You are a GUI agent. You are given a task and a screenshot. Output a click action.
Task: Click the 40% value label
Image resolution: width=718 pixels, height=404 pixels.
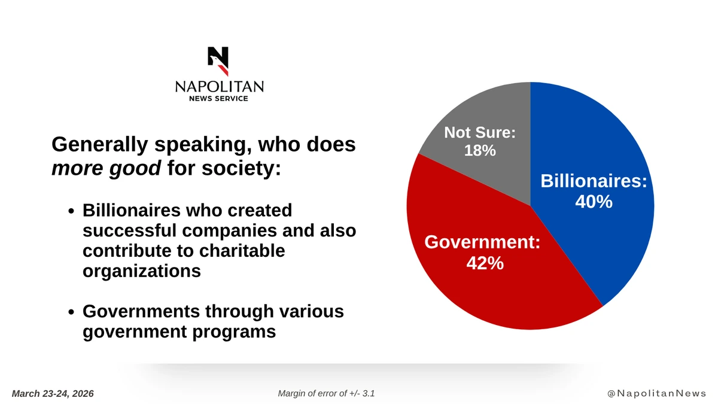pyautogui.click(x=594, y=202)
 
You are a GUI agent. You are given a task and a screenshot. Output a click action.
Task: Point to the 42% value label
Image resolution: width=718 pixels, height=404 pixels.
pyautogui.click(x=485, y=263)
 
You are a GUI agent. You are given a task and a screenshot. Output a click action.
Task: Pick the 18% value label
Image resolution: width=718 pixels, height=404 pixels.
pyautogui.click(x=480, y=150)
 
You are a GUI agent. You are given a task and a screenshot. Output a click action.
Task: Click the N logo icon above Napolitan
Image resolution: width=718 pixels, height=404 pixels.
pyautogui.click(x=218, y=61)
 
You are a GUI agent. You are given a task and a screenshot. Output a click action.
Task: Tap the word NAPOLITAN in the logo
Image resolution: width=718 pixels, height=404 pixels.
pyautogui.click(x=219, y=87)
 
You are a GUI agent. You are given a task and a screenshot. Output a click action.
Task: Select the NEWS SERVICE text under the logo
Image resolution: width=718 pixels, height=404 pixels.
pyautogui.click(x=219, y=98)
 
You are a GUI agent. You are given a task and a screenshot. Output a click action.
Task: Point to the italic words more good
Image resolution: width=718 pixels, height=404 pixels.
pyautogui.click(x=106, y=169)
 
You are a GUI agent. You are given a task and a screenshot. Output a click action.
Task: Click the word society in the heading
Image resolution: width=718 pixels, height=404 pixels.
pyautogui.click(x=241, y=169)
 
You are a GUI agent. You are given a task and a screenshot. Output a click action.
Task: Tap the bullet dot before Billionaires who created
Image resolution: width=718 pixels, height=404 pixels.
pyautogui.click(x=71, y=212)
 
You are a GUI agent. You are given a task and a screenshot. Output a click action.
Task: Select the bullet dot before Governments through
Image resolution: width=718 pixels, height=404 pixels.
pyautogui.click(x=71, y=313)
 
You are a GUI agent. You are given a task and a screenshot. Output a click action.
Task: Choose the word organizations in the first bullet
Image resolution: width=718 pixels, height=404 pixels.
pyautogui.click(x=141, y=271)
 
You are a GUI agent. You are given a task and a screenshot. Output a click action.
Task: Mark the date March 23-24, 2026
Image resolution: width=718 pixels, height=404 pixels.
pyautogui.click(x=53, y=393)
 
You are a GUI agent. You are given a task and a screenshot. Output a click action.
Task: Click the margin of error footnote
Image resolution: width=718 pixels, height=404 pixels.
pyautogui.click(x=327, y=393)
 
